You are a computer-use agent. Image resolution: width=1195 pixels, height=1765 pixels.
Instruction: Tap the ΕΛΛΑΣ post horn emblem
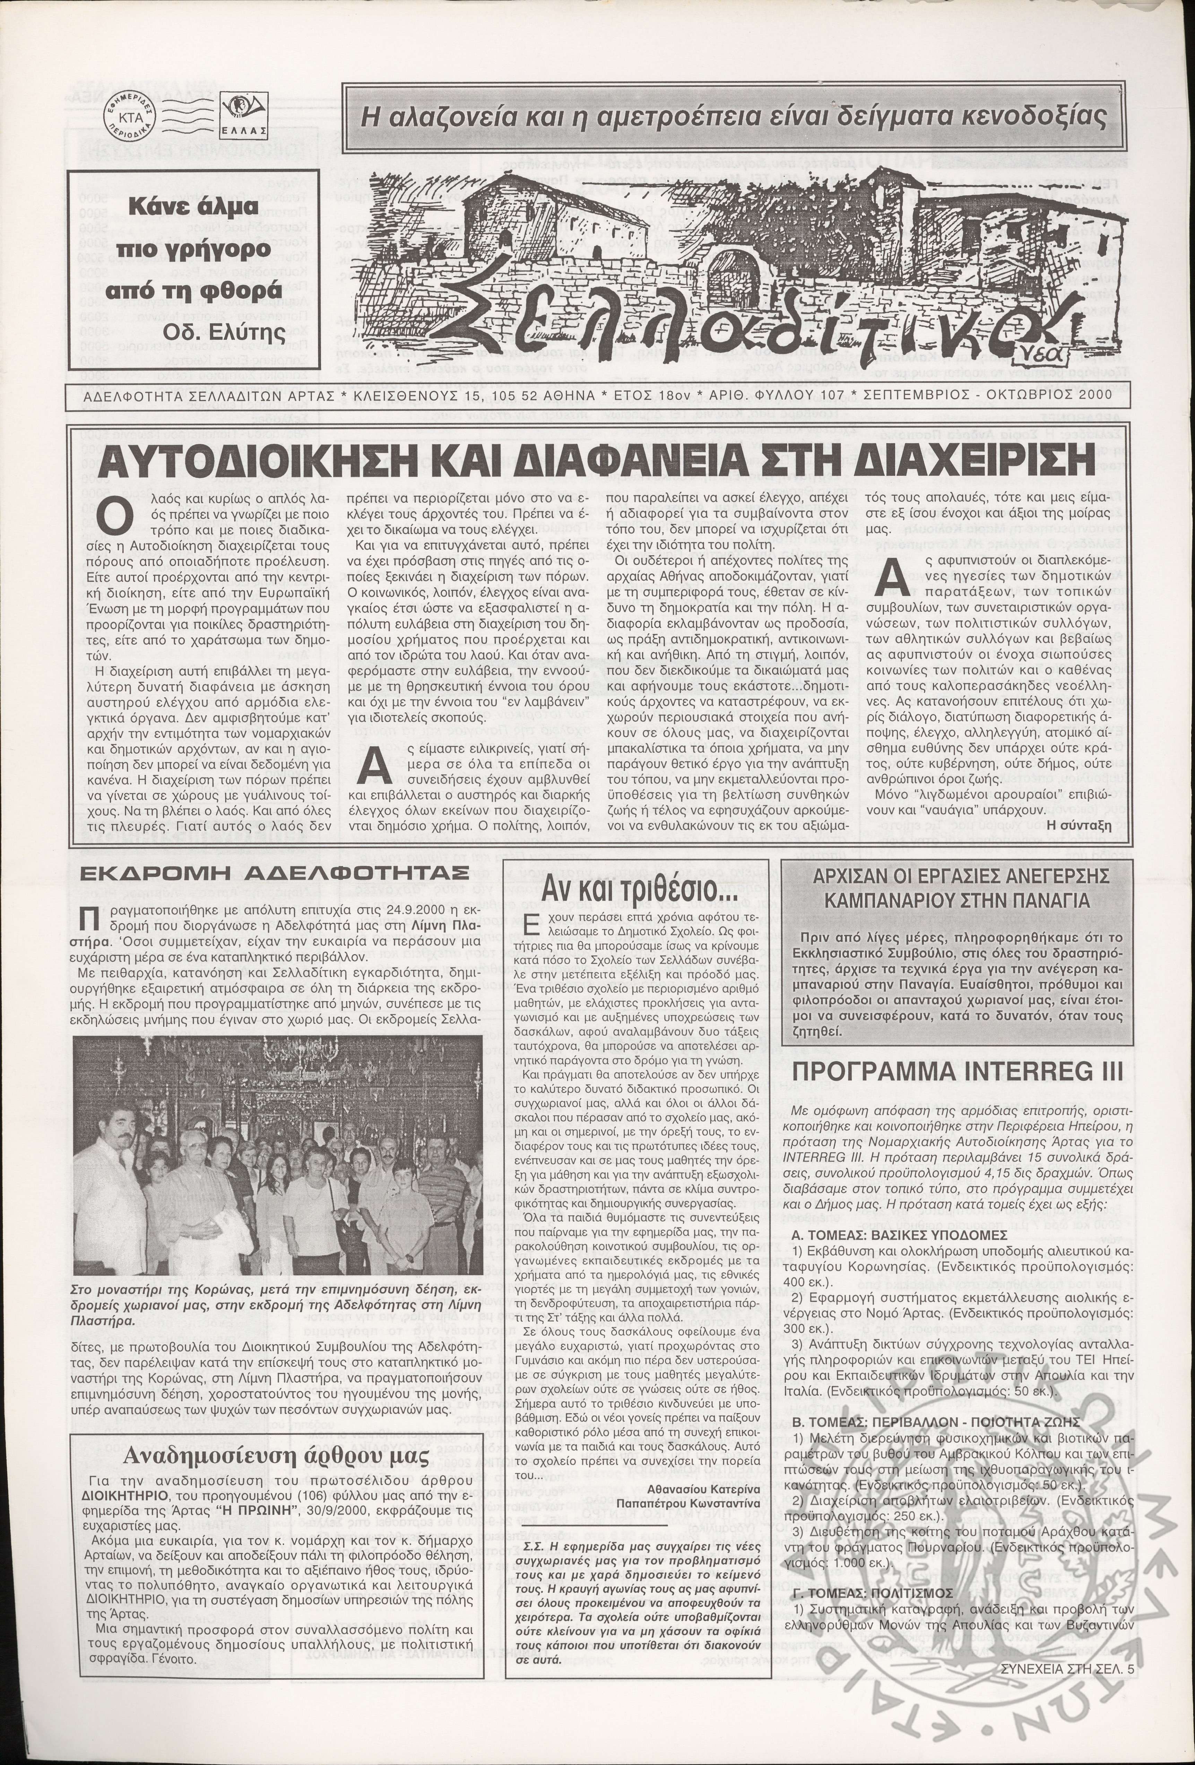coord(245,115)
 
